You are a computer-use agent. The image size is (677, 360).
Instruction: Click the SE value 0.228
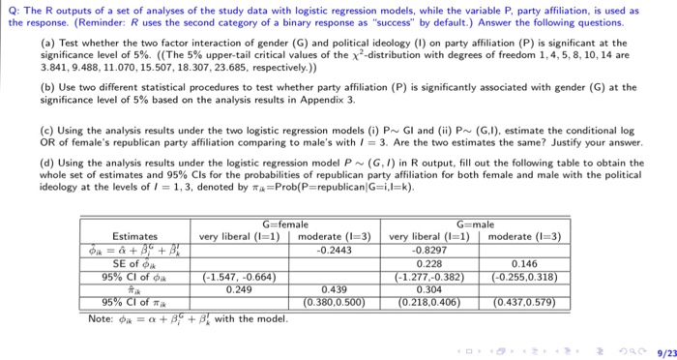click(x=428, y=261)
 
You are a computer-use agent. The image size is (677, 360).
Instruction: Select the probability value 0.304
click(x=428, y=287)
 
